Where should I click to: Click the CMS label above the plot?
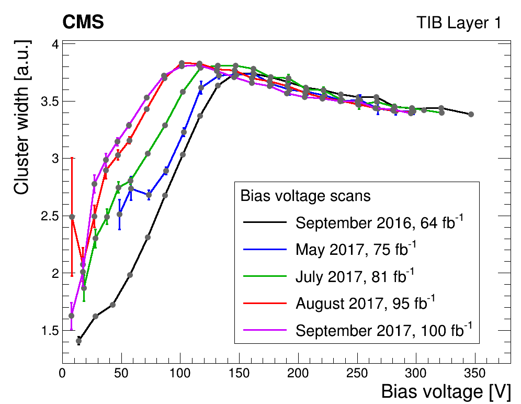[83, 23]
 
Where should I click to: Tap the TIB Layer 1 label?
[458, 23]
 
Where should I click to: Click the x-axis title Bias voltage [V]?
[445, 391]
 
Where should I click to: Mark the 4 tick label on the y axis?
[52, 44]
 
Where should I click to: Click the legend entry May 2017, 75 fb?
[356, 250]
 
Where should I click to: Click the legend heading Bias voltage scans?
[305, 196]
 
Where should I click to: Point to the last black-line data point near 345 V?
[471, 114]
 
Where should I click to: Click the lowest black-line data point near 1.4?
[78, 341]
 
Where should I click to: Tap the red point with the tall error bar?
[72, 217]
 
